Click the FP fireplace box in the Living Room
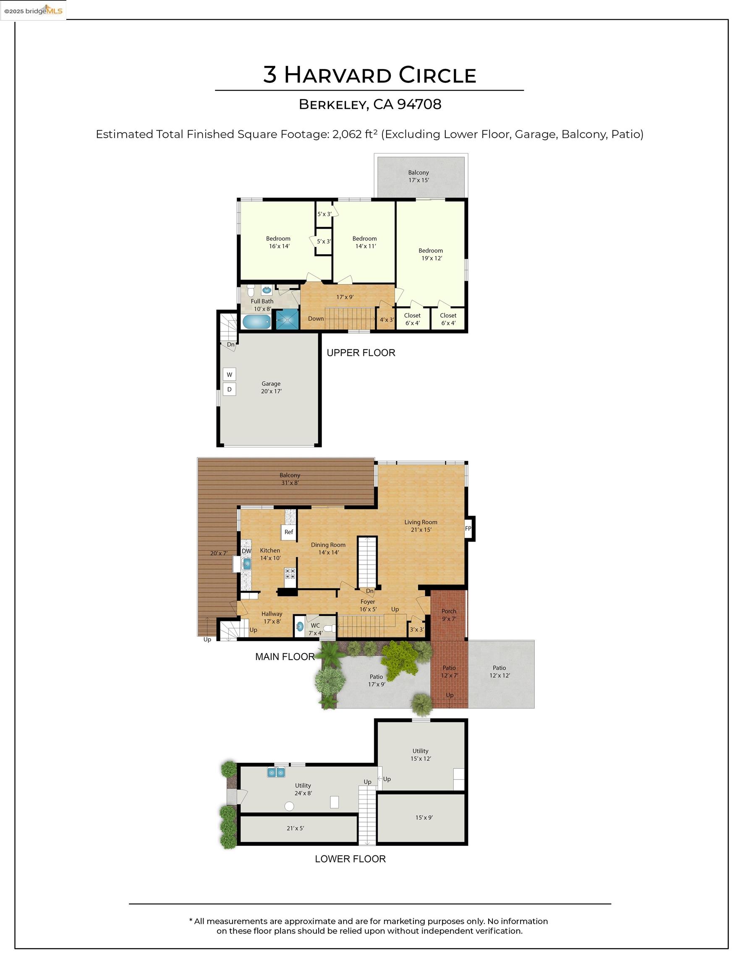coord(468,529)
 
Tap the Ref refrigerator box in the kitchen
coord(288,532)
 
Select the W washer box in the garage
coord(229,374)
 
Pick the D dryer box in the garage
coord(229,389)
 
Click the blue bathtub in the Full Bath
coord(256,322)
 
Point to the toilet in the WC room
coord(329,629)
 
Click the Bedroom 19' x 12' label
coord(431,255)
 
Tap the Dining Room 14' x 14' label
coord(328,548)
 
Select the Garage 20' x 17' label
coord(271,387)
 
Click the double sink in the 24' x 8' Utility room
coord(276,772)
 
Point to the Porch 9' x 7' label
coord(449,615)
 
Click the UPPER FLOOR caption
coord(361,353)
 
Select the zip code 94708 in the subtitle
coord(419,105)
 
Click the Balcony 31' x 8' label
coord(290,479)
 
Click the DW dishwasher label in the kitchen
coord(246,551)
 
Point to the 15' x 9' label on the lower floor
coord(424,818)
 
